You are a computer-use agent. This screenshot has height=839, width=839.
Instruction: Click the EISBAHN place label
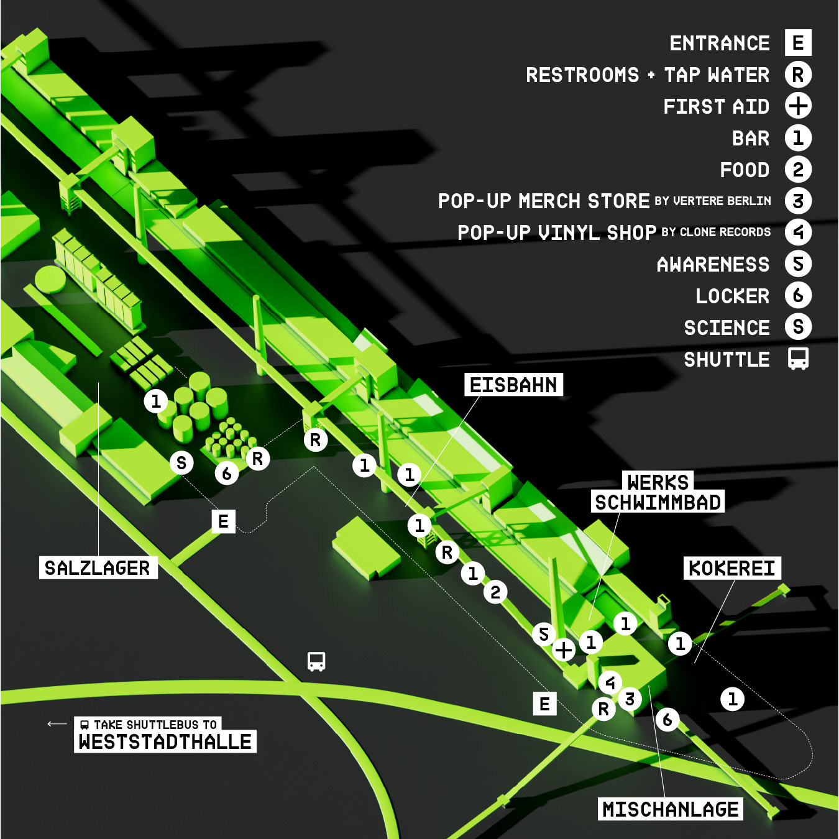[x=513, y=385]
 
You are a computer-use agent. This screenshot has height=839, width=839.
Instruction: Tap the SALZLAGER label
[x=98, y=567]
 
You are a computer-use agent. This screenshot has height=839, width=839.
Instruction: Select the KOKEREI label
[x=732, y=568]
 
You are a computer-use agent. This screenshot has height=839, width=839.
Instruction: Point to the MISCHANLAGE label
[x=671, y=809]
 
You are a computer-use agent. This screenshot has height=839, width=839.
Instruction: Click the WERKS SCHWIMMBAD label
[x=658, y=493]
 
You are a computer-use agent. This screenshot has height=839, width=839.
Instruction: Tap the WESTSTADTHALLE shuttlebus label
[x=165, y=741]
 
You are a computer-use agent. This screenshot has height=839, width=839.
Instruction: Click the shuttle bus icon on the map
[x=316, y=661]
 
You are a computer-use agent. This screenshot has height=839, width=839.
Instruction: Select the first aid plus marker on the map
[x=564, y=650]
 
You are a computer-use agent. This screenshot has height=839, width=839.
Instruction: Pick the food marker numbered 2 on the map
[x=495, y=592]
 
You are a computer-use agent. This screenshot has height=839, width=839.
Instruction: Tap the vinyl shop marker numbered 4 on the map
[x=610, y=683]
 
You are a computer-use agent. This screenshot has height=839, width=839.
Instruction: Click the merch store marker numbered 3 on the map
[x=630, y=699]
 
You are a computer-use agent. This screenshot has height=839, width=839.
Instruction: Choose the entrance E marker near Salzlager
[x=223, y=521]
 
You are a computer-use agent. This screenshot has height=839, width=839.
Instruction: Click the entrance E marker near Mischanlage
[x=544, y=704]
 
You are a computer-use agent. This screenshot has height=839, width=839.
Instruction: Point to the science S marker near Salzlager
[x=181, y=462]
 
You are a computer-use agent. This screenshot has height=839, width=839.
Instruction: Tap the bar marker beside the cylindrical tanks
[x=156, y=401]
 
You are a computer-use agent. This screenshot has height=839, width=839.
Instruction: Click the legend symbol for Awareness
[x=798, y=264]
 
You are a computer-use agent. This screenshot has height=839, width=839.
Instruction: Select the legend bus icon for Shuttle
[x=798, y=359]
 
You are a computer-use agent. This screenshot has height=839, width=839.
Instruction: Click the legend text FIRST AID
[x=716, y=106]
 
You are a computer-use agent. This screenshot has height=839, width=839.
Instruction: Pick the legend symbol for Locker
[x=798, y=295]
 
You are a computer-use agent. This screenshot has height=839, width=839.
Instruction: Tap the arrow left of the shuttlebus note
[x=57, y=723]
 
